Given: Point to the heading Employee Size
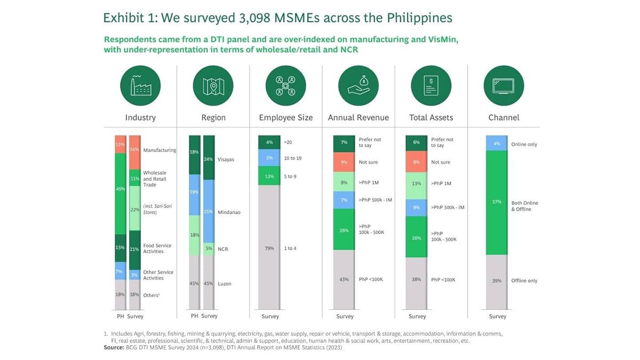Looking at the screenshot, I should [285, 117].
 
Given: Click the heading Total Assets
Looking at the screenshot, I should [431, 117].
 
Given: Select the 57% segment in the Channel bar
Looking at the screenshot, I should [497, 203].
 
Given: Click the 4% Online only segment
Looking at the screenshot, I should [497, 143].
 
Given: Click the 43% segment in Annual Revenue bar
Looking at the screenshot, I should [344, 279].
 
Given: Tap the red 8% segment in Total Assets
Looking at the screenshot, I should [416, 162].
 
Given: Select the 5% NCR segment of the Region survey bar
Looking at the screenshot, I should [209, 249].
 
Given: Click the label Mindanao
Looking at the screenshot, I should [229, 212].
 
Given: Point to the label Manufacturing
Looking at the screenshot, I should [159, 150].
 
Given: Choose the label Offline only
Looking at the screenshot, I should [524, 281].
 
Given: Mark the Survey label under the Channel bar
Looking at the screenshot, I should [497, 316].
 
